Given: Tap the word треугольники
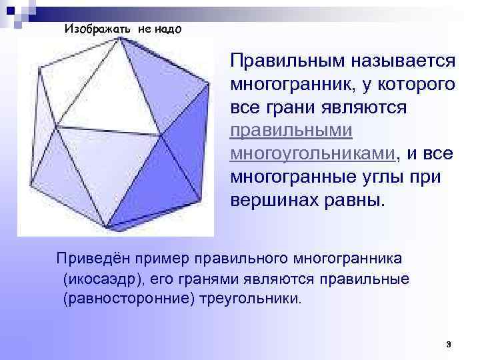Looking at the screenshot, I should click(x=250, y=298).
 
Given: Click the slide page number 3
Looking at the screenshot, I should click(x=449, y=345).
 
